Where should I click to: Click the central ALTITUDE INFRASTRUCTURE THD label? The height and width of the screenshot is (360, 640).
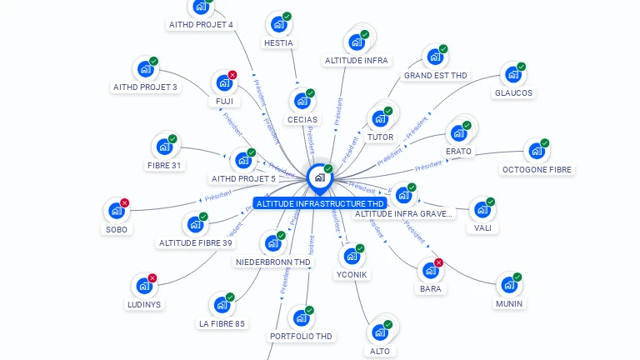[x=320, y=203]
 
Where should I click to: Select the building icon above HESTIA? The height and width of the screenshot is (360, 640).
[x=277, y=24]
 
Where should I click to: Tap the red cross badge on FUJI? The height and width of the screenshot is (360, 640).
[x=232, y=75]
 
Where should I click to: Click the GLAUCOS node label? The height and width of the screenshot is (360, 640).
[x=513, y=93]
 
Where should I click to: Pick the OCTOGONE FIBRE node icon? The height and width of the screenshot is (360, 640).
[x=536, y=152]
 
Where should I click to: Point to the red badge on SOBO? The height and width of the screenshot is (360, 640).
[x=125, y=202]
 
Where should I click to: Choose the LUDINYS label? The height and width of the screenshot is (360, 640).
[x=145, y=304]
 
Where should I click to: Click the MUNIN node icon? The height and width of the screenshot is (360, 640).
[x=508, y=285]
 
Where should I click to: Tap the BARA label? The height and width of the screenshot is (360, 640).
[x=431, y=289]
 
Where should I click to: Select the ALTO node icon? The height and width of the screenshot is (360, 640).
[x=380, y=332]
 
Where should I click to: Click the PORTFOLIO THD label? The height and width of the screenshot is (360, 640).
[x=301, y=337]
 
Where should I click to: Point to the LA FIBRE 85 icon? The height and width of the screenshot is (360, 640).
[x=222, y=305]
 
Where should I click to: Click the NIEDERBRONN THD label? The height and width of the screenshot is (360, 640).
[x=273, y=262]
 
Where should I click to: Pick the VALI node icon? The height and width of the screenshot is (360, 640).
[x=482, y=209]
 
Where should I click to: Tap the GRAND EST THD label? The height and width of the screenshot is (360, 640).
[x=435, y=76]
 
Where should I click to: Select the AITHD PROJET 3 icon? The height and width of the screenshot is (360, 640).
[x=145, y=69]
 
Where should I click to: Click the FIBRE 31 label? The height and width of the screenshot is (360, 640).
[x=164, y=165]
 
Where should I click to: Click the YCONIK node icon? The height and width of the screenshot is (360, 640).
[x=351, y=256]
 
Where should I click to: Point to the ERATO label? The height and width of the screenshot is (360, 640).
[x=458, y=152]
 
